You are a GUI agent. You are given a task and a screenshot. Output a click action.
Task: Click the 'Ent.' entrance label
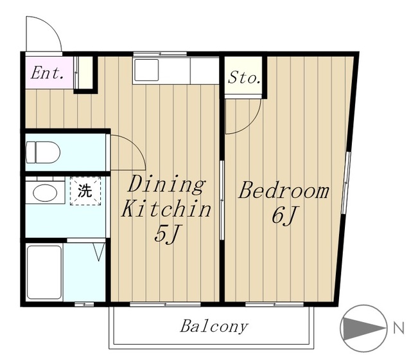[47, 73]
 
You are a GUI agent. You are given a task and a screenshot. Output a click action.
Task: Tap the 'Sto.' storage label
[244, 78]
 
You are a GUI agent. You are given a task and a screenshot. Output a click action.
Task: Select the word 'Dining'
[166, 184]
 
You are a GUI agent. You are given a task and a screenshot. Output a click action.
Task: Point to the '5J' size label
[166, 233]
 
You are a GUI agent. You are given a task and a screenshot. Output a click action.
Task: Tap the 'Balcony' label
[214, 327]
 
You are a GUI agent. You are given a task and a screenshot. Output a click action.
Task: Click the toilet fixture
[43, 152]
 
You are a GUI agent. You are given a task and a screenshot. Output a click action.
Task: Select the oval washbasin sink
[45, 193]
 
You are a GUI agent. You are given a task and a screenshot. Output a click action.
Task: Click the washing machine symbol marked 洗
[85, 191]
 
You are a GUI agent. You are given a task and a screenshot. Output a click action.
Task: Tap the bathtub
[44, 272]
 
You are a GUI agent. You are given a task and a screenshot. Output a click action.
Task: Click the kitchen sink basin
[146, 70]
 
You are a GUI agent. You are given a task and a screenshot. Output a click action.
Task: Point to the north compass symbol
[363, 328]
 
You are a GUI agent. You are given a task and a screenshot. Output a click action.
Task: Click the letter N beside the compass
[398, 328]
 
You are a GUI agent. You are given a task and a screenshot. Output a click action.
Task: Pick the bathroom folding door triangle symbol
[99, 252]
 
